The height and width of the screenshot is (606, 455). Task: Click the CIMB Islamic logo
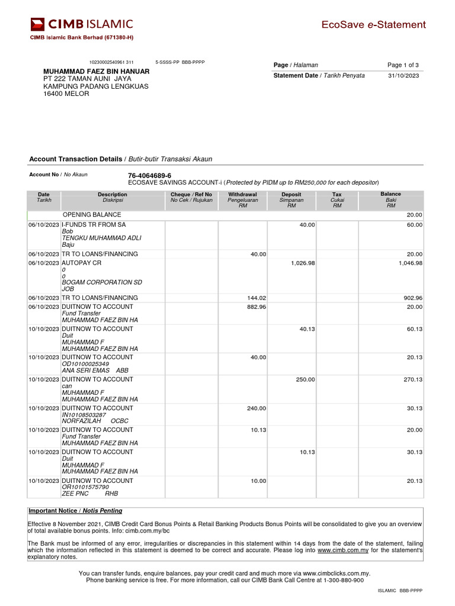pos(82,24)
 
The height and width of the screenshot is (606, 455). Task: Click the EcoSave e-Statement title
pos(373,25)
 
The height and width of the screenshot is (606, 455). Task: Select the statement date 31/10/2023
pos(403,76)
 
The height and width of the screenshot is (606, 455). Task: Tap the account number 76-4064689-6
pos(149,176)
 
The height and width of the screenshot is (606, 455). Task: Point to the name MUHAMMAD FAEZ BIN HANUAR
pos(97,71)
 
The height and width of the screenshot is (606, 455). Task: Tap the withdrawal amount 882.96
pos(257,307)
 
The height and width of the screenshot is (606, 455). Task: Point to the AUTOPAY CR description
pos(83,263)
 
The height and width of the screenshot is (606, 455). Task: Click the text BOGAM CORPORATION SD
pos(102,282)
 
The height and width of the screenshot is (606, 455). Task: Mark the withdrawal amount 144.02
pos(257,298)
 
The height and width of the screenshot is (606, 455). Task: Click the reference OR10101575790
pos(85,487)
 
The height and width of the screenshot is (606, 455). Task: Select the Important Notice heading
pos(75,511)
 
